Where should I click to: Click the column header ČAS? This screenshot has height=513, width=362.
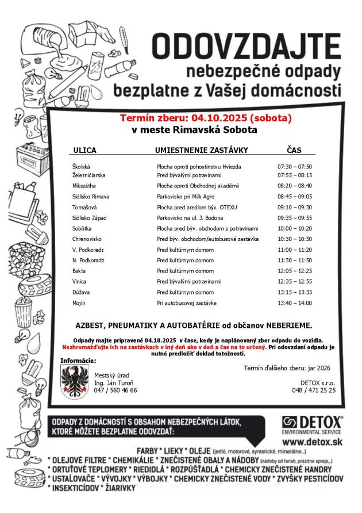(293, 150)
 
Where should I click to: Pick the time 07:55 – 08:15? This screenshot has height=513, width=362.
(294, 174)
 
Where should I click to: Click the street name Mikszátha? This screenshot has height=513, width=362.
(84, 186)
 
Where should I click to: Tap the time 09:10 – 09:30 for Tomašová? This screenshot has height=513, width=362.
(294, 207)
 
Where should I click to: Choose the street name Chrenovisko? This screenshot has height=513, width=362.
(87, 238)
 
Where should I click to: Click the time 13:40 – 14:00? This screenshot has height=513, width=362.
(294, 302)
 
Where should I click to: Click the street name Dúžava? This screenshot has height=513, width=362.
(81, 292)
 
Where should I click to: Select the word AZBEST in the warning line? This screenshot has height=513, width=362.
(91, 325)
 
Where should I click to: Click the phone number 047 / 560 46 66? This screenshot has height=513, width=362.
(115, 390)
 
